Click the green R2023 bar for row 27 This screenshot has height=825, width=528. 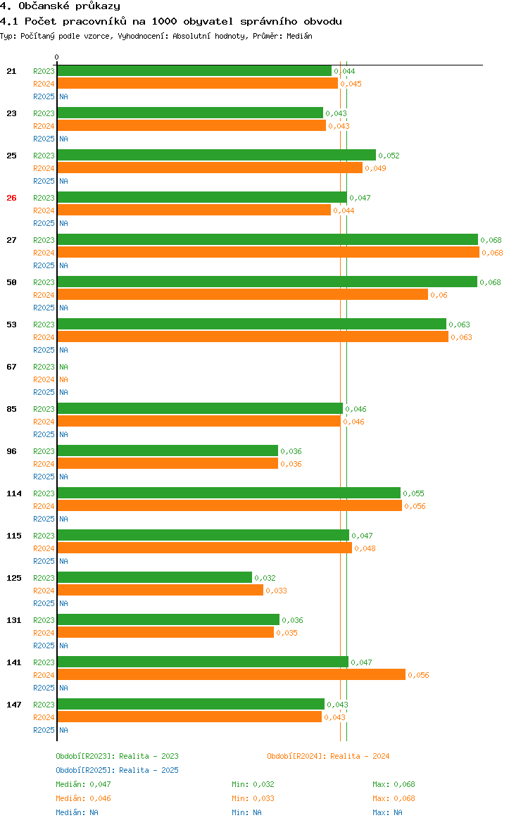[268, 239]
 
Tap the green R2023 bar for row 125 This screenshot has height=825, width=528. [154, 577]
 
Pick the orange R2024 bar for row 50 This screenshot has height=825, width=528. [242, 294]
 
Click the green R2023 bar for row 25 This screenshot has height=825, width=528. [216, 155]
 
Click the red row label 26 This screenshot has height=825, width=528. [11, 198]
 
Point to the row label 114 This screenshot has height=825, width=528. [14, 493]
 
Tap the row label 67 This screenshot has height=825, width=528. [11, 367]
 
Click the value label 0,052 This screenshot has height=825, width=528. [389, 156]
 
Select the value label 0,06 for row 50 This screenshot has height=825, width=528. [439, 295]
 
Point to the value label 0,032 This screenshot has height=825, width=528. [265, 578]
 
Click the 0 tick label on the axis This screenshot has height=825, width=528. [57, 57]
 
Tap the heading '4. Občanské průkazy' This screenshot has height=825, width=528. [60, 6]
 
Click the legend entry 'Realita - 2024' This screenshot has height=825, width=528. [328, 756]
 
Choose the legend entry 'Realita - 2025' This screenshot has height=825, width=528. [117, 770]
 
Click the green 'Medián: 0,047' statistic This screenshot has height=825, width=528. [83, 784]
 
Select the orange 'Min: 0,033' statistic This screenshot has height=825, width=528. [253, 798]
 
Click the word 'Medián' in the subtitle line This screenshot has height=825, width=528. [299, 35]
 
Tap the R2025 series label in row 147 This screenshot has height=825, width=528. [44, 730]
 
